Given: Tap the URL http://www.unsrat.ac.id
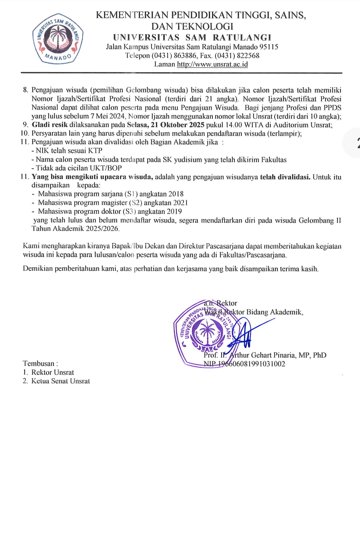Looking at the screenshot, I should coord(212,64).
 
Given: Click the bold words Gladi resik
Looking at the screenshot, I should coord(50,125).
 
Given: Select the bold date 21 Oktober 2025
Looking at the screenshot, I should coord(178,125).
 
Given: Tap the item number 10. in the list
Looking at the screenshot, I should coord(25,134).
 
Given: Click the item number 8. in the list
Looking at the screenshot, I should coord(26,90).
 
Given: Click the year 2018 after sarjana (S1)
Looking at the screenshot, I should coord(176,194).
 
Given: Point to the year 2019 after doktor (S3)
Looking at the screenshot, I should coord(174,212).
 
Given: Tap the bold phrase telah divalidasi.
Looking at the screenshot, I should coord(285,177).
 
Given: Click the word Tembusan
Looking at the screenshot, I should coord(38,363).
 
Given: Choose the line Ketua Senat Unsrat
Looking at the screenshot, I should coord(60,381).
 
